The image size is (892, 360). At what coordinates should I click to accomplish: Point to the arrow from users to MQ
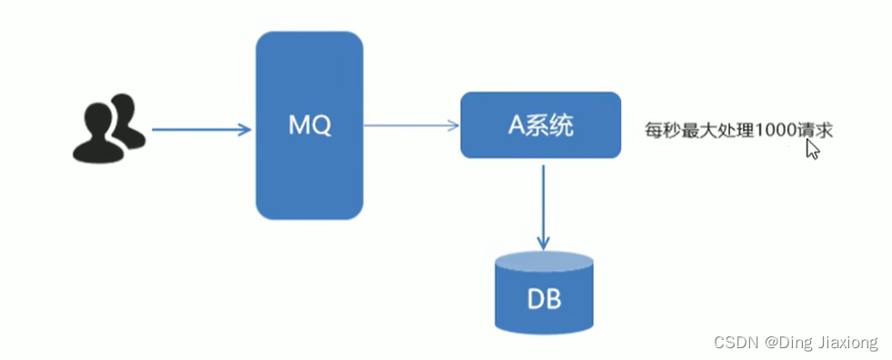(200, 130)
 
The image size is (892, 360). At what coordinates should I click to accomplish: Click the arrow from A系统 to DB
(543, 205)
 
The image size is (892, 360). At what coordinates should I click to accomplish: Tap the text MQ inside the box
(309, 125)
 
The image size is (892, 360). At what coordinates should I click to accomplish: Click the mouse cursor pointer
(812, 149)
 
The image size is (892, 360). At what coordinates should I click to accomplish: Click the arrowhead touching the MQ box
(245, 130)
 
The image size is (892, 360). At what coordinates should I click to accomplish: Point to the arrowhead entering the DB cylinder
(543, 243)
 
